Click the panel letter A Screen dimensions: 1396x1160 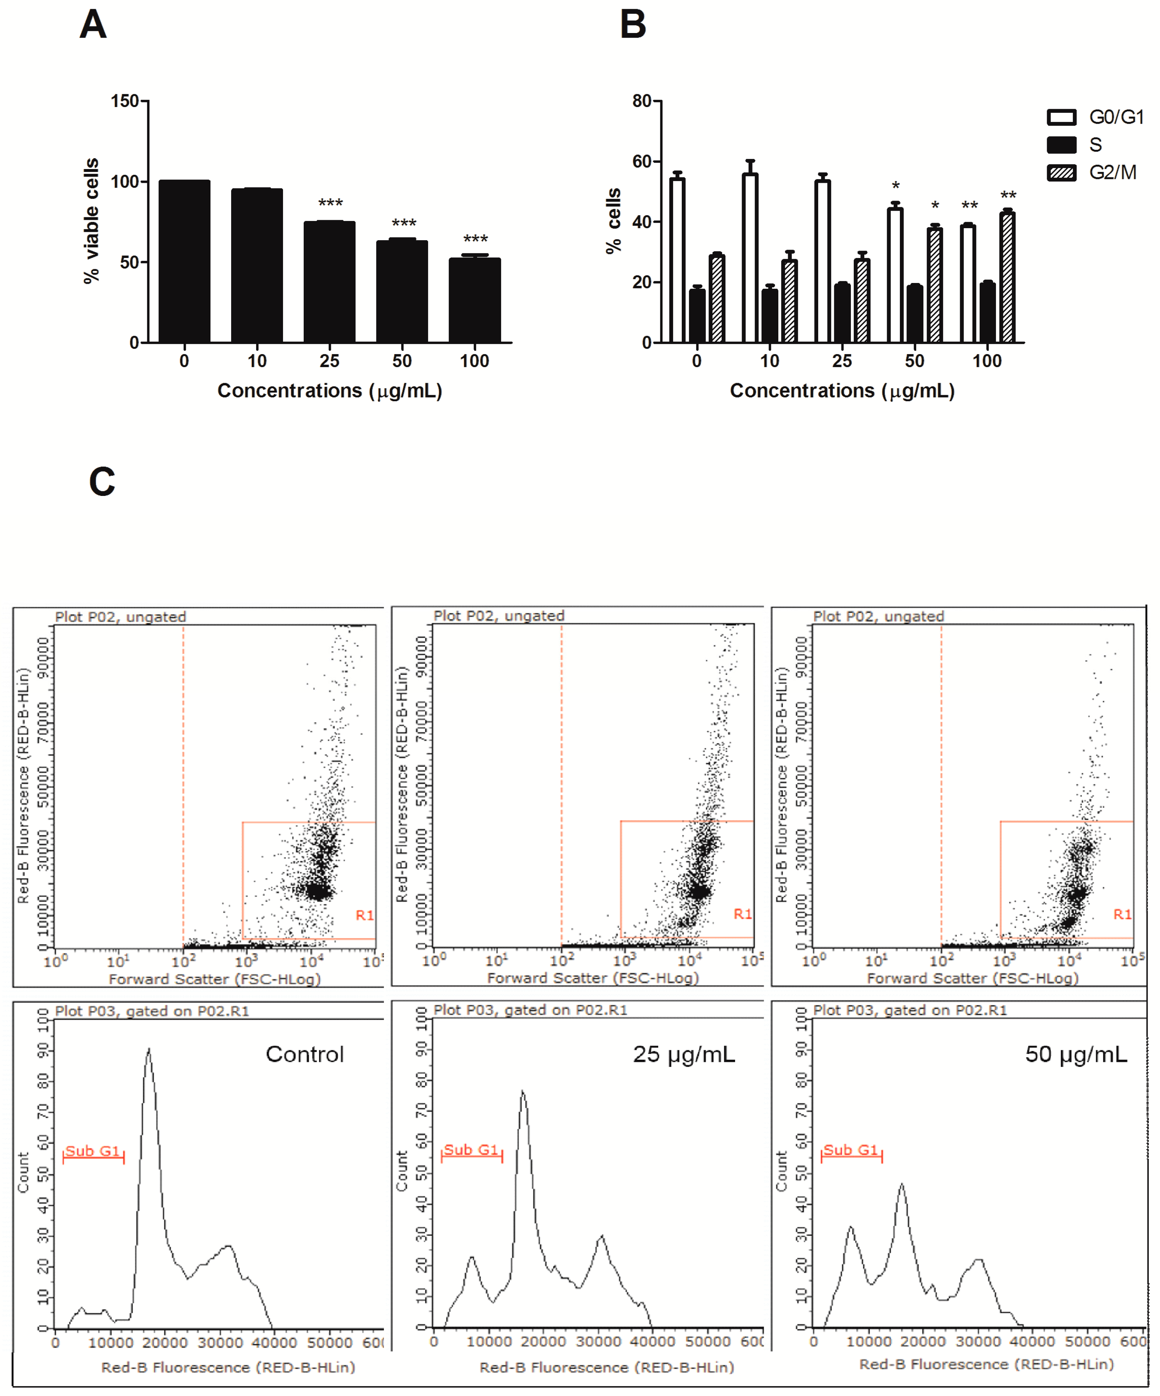tap(93, 25)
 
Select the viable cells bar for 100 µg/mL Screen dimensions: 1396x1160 tap(475, 300)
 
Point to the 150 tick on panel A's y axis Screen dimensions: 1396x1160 tap(125, 101)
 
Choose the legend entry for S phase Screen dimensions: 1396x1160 tap(1094, 145)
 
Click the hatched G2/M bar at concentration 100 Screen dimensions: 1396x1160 tap(1007, 278)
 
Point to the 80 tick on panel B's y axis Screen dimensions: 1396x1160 tap(642, 101)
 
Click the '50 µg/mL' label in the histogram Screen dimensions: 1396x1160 tap(1075, 1054)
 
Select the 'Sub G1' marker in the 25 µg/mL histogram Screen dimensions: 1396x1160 tap(471, 1150)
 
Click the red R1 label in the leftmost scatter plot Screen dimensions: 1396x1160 tap(364, 915)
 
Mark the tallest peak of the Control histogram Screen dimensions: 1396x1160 tap(148, 1052)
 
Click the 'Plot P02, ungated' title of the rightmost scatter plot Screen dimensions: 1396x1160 tap(878, 616)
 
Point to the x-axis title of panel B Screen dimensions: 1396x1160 tap(842, 391)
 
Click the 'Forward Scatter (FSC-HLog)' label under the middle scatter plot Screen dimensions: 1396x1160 tap(593, 978)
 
